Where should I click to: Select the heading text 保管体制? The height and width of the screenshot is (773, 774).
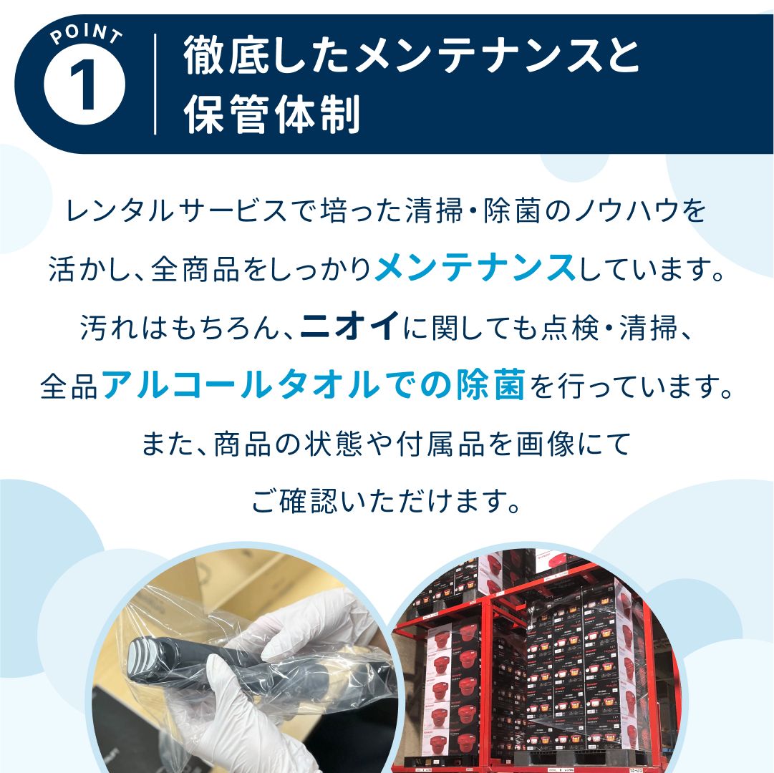272,115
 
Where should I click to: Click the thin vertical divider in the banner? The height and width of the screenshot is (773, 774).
155,84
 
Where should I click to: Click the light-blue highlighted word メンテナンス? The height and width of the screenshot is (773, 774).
475,269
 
